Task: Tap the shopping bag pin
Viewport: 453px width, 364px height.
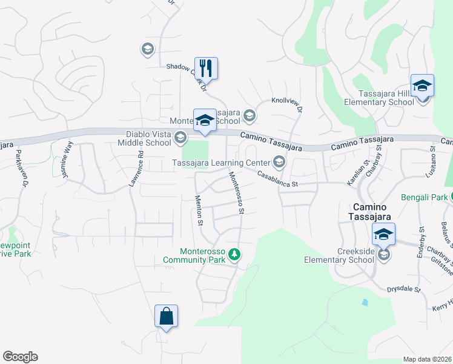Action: pos(166,316)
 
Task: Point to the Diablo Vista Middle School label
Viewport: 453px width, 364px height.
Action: pos(140,138)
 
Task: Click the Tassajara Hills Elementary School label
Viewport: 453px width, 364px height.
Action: pos(378,98)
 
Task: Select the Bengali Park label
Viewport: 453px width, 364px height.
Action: pos(423,197)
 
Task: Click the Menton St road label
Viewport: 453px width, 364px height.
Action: pos(198,211)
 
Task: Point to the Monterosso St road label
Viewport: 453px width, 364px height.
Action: pos(236,192)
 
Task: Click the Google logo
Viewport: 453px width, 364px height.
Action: pos(20,357)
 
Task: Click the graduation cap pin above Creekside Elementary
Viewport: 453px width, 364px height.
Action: pos(383,234)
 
